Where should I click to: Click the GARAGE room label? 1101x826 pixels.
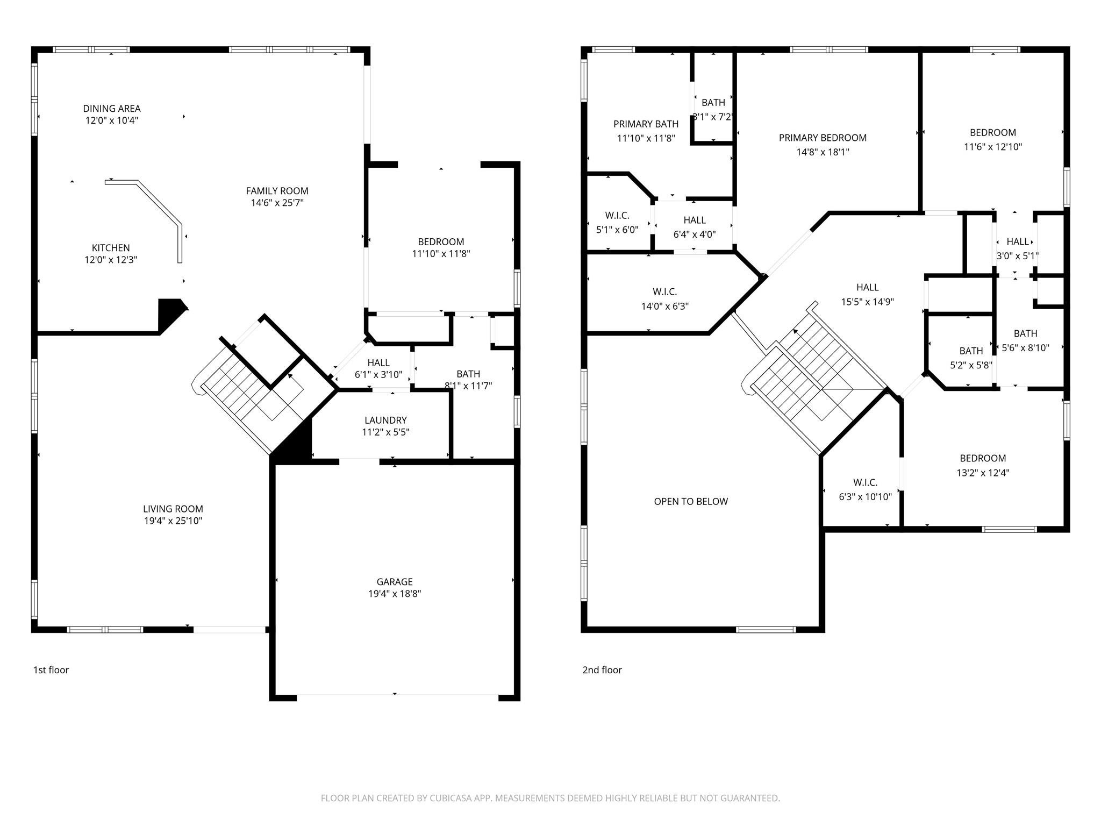click(x=395, y=581)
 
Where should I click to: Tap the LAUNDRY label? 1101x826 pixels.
click(x=385, y=420)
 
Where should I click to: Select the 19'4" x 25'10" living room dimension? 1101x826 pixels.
click(x=173, y=521)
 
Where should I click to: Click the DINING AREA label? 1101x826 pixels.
click(x=112, y=108)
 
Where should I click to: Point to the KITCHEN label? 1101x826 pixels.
click(x=111, y=247)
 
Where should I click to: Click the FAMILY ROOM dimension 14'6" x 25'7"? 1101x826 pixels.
click(x=277, y=203)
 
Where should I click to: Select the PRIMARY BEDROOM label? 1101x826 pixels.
click(x=823, y=138)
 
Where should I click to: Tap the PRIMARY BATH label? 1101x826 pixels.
click(x=646, y=124)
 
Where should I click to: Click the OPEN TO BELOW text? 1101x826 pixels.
click(x=691, y=501)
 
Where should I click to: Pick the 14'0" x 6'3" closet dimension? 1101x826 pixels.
click(x=664, y=306)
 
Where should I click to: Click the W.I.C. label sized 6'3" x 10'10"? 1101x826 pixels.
click(x=865, y=482)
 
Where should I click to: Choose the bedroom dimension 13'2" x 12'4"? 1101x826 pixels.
click(x=982, y=473)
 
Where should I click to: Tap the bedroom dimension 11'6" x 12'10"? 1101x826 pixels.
click(x=992, y=146)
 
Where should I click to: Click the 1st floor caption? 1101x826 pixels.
click(x=51, y=670)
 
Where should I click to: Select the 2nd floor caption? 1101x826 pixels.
click(x=602, y=670)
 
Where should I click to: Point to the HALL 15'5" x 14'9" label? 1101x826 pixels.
click(x=867, y=287)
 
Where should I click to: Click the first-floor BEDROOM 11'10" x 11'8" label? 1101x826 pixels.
click(x=441, y=241)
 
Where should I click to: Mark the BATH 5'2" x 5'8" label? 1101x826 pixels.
click(x=971, y=351)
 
